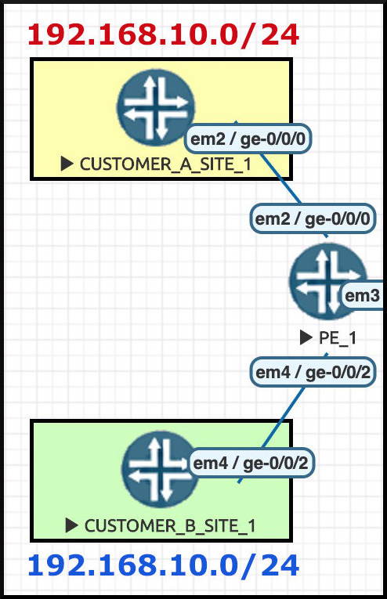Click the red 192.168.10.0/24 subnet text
[x=163, y=34]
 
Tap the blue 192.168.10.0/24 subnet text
[x=163, y=565]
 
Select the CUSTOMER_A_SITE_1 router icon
[x=155, y=108]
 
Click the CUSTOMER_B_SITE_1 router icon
[x=160, y=469]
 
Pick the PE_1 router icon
[x=328, y=281]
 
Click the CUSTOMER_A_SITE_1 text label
[x=166, y=164]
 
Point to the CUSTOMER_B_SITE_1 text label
[x=170, y=526]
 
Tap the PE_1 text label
[x=338, y=337]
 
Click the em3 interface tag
[x=362, y=296]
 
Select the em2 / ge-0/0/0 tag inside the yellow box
[x=248, y=139]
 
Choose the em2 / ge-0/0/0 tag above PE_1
[x=313, y=219]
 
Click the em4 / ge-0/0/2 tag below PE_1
[x=313, y=372]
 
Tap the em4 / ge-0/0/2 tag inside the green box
[x=251, y=463]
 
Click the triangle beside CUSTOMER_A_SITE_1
[x=67, y=164]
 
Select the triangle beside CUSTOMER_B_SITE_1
[x=71, y=525]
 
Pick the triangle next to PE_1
[x=306, y=337]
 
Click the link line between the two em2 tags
[x=280, y=179]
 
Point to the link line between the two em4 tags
[x=283, y=418]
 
